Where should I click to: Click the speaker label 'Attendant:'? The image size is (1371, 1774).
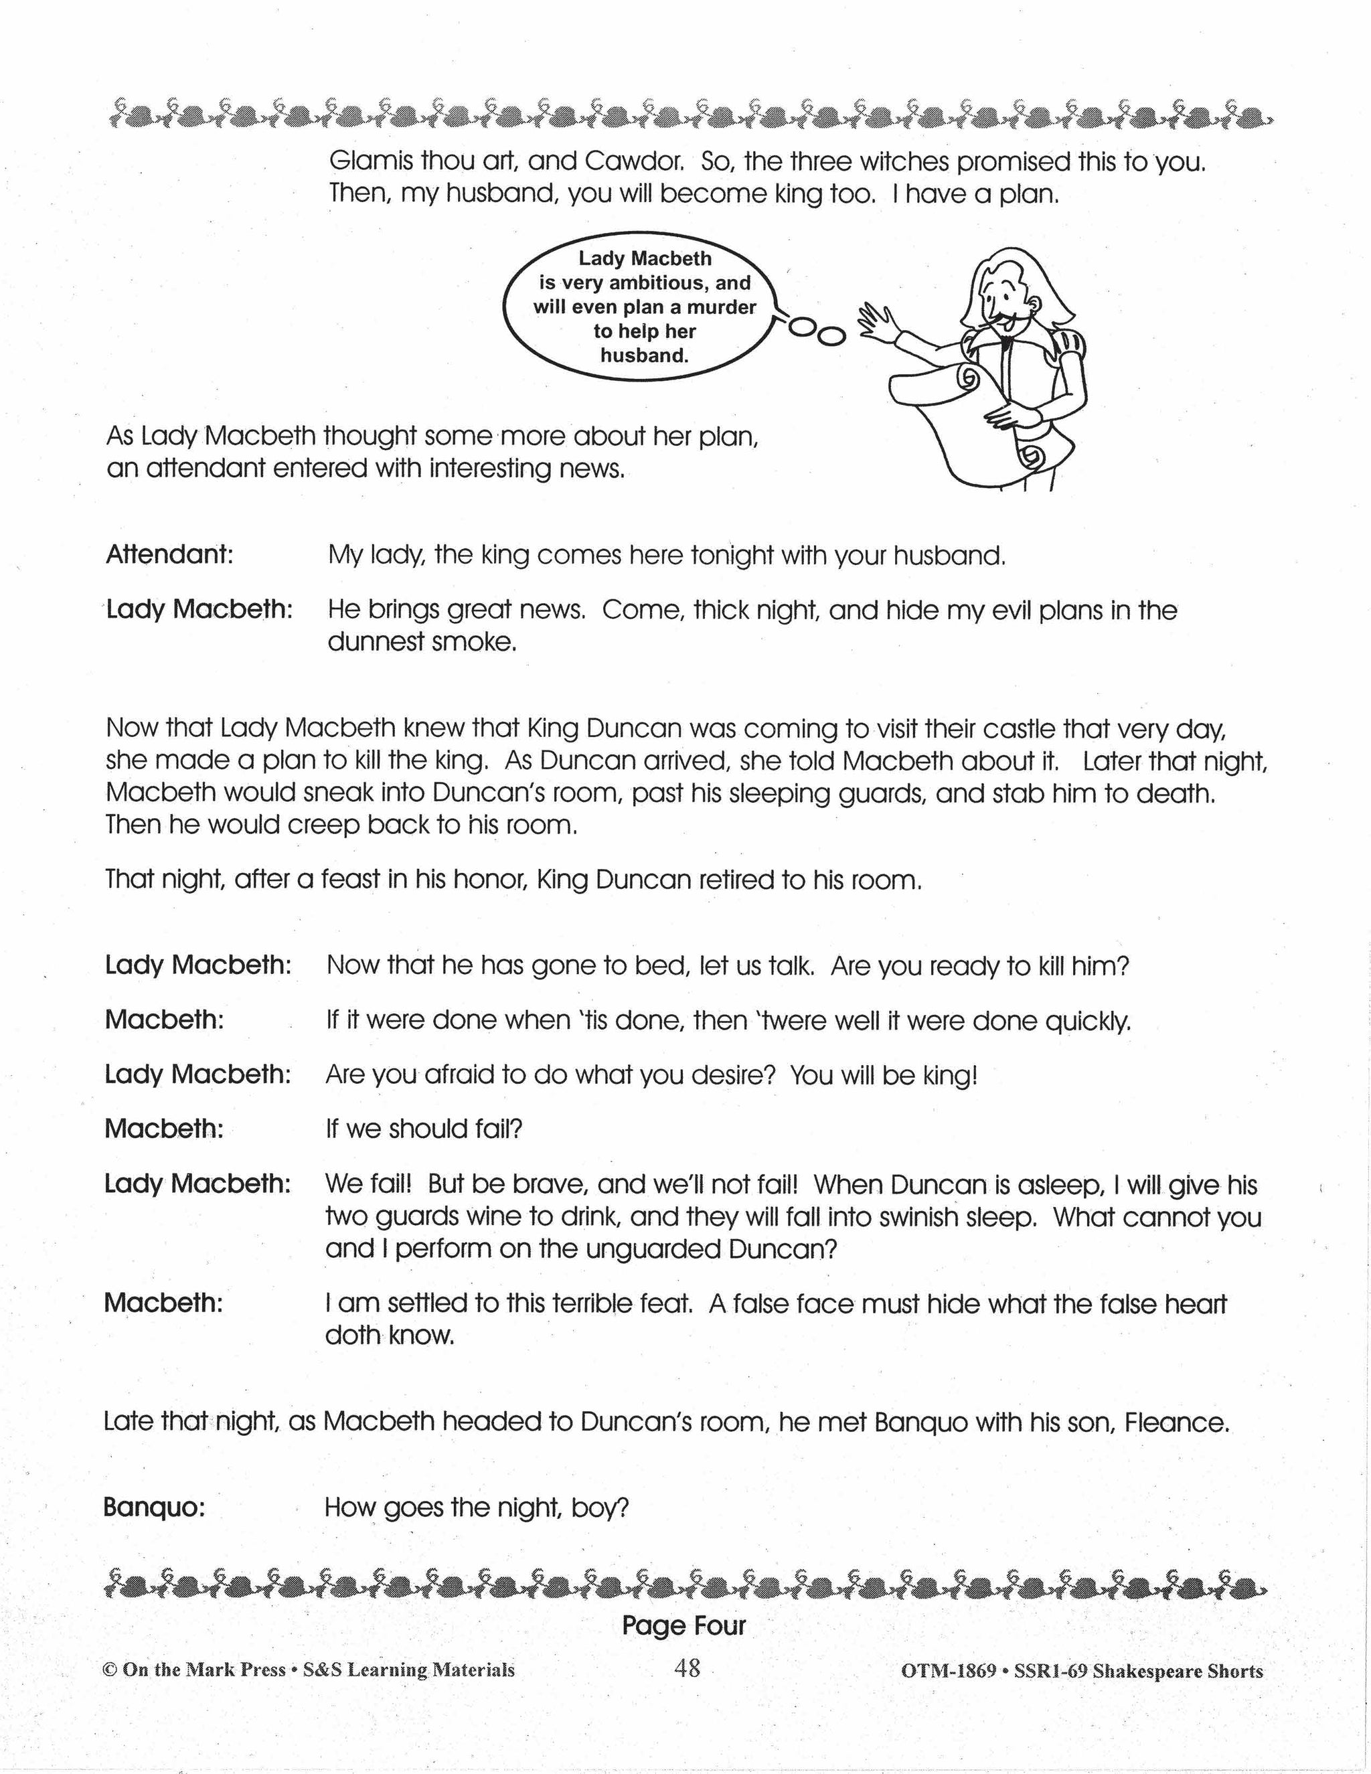tap(169, 555)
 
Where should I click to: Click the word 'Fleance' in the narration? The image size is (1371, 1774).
tap(1176, 1423)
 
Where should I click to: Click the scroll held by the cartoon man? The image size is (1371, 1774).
tap(959, 422)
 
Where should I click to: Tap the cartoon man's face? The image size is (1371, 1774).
tap(1003, 305)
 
